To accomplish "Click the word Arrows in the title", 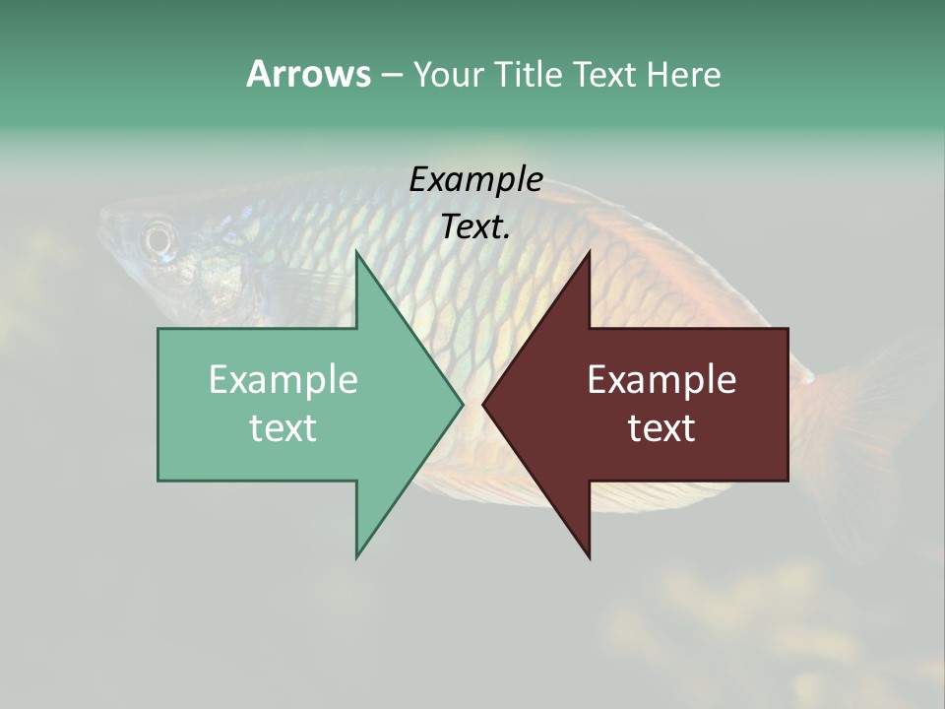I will [x=308, y=74].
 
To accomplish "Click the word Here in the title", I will [x=684, y=75].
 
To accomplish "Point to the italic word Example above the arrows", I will [x=475, y=179].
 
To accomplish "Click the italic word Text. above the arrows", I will [x=475, y=227].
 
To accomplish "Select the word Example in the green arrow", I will [x=283, y=379].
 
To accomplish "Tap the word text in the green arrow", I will [x=283, y=427].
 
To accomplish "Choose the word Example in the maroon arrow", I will [x=661, y=379].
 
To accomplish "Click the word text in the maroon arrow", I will [x=661, y=427].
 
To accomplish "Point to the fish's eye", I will [x=158, y=237].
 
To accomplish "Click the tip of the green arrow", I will [x=461, y=404].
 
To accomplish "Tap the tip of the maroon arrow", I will [x=485, y=404].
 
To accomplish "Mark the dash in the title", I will [x=391, y=75].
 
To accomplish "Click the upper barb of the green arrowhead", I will [x=358, y=258].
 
